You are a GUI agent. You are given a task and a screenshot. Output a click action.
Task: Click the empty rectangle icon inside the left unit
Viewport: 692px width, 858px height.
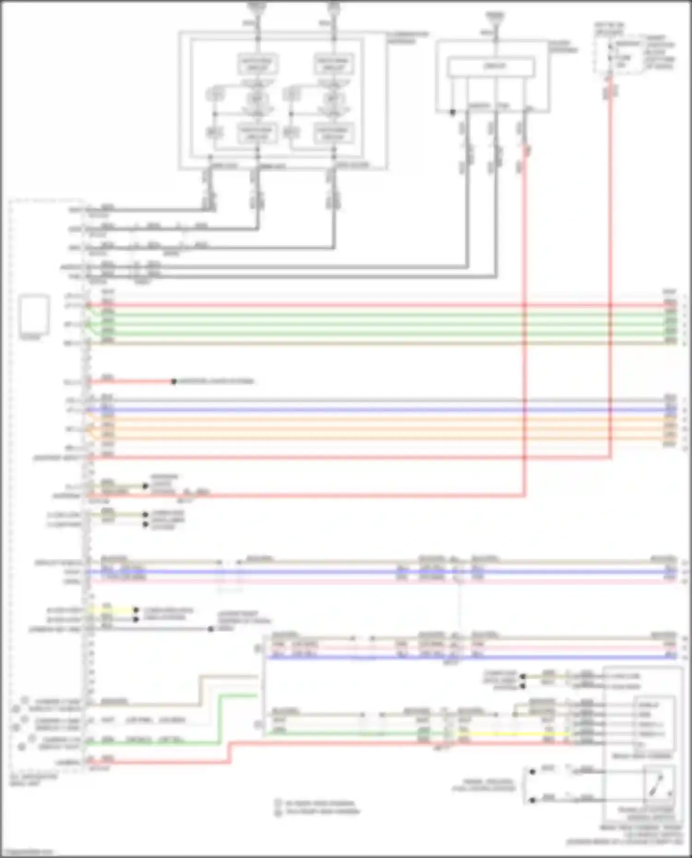click(x=34, y=315)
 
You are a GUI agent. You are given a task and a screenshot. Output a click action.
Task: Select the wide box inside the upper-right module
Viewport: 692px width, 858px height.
click(x=492, y=67)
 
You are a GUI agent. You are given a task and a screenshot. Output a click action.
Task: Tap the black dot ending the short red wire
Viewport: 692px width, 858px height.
click(x=174, y=382)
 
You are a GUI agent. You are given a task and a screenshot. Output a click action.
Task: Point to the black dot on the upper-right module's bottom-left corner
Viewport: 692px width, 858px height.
click(x=453, y=112)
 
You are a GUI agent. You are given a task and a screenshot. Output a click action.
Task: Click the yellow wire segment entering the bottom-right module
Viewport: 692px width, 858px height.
click(x=512, y=734)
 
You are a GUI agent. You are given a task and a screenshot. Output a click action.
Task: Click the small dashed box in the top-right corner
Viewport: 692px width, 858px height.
click(x=619, y=54)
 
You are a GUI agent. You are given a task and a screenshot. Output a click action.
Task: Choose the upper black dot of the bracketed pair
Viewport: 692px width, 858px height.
click(x=532, y=771)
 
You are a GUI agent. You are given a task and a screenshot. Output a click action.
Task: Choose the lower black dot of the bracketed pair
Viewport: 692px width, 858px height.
click(x=532, y=800)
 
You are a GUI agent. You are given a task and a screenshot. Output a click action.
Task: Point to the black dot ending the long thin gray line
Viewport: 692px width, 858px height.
click(x=210, y=629)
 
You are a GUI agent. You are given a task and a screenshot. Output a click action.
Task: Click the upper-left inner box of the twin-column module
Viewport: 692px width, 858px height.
click(x=257, y=64)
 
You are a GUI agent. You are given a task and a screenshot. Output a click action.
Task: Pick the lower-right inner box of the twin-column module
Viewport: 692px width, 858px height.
click(x=333, y=133)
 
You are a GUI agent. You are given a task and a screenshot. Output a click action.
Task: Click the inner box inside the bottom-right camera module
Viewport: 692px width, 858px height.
click(x=655, y=724)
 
